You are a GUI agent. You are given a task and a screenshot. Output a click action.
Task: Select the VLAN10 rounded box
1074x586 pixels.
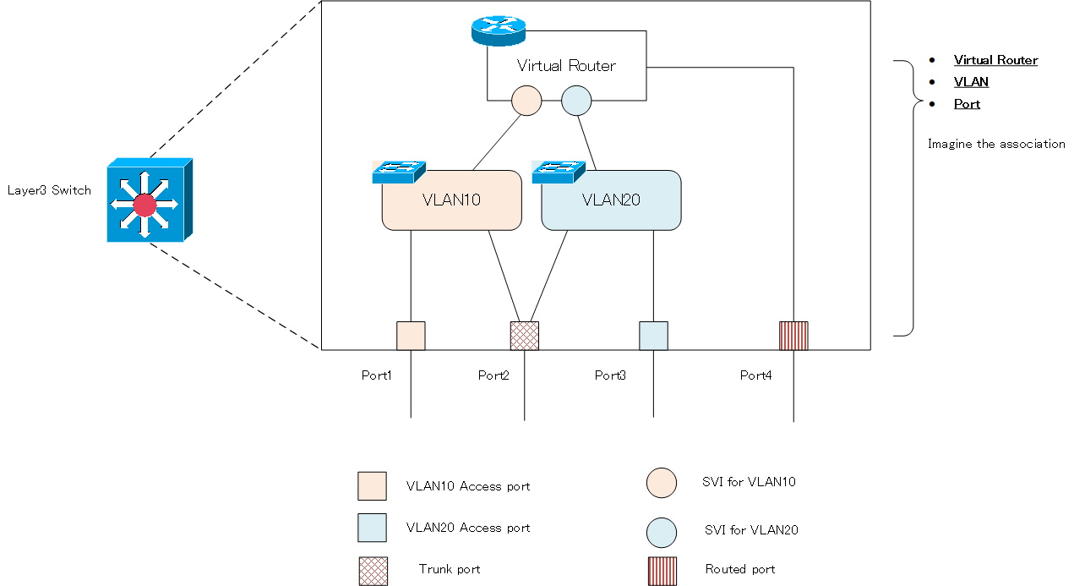pyautogui.click(x=451, y=200)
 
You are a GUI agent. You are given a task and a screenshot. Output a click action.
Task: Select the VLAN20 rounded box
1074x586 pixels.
pyautogui.click(x=611, y=200)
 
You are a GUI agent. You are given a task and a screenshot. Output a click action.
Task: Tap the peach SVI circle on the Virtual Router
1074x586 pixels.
pyautogui.click(x=526, y=100)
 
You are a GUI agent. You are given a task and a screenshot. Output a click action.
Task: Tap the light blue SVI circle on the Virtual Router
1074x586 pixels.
pyautogui.click(x=576, y=100)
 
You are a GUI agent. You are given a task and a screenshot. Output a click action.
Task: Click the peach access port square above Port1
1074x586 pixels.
pyautogui.click(x=411, y=336)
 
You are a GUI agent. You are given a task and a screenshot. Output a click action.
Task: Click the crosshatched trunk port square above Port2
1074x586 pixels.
pyautogui.click(x=525, y=336)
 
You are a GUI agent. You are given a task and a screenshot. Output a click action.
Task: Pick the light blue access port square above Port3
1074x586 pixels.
pyautogui.click(x=653, y=336)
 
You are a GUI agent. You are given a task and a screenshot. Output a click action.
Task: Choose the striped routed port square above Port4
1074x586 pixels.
pyautogui.click(x=793, y=336)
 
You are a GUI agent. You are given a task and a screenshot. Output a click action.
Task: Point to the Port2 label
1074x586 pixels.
pyautogui.click(x=493, y=375)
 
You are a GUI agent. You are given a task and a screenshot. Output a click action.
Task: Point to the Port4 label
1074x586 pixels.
pyautogui.click(x=755, y=375)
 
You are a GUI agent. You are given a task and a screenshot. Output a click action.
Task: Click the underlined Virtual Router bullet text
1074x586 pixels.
pyautogui.click(x=995, y=60)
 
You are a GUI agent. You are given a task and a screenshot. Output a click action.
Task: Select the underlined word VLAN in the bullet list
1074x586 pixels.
pyautogui.click(x=971, y=82)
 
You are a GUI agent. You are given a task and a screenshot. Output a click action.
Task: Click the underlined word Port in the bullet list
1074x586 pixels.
pyautogui.click(x=967, y=104)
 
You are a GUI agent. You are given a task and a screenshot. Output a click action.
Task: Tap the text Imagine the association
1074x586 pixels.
pyautogui.click(x=996, y=144)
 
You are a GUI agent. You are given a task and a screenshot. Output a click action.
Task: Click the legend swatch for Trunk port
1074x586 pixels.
pyautogui.click(x=373, y=571)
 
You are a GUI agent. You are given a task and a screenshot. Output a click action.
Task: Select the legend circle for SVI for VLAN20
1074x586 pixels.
pyautogui.click(x=662, y=532)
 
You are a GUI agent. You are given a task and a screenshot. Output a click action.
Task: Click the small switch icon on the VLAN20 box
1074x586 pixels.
pyautogui.click(x=559, y=172)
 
